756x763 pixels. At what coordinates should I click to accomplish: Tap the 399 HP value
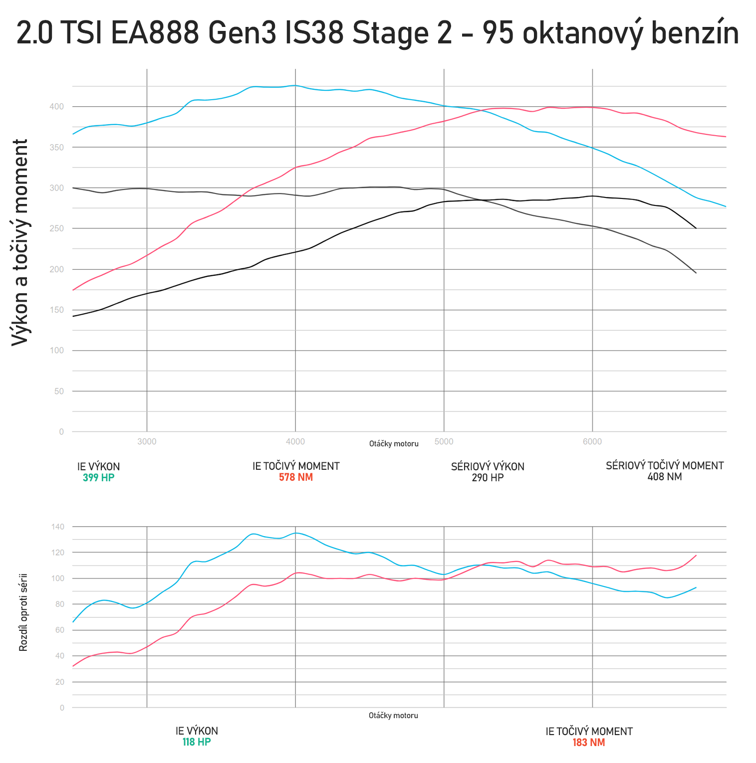[98, 478]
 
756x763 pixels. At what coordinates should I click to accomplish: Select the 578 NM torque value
[296, 477]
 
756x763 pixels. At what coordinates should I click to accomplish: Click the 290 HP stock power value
[488, 478]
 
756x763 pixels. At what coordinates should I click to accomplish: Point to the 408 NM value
[664, 477]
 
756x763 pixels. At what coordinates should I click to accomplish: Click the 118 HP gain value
[197, 742]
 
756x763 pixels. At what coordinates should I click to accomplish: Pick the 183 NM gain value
[589, 743]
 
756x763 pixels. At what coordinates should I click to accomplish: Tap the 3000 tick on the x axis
[147, 441]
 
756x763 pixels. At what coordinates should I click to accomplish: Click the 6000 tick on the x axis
[592, 441]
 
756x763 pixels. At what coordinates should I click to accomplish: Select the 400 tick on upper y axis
[57, 107]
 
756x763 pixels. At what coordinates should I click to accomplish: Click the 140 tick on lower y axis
[57, 527]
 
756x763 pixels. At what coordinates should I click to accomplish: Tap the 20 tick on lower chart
[60, 682]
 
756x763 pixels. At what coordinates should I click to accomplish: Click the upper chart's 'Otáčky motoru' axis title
[394, 444]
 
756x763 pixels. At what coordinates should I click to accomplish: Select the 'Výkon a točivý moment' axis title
[20, 242]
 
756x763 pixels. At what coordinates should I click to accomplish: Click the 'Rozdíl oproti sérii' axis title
[23, 612]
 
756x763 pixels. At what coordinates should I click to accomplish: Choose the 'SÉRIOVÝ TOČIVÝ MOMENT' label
[664, 466]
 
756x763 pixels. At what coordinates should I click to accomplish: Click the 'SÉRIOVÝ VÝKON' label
[488, 467]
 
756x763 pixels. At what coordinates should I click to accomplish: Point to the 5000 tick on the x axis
[444, 441]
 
